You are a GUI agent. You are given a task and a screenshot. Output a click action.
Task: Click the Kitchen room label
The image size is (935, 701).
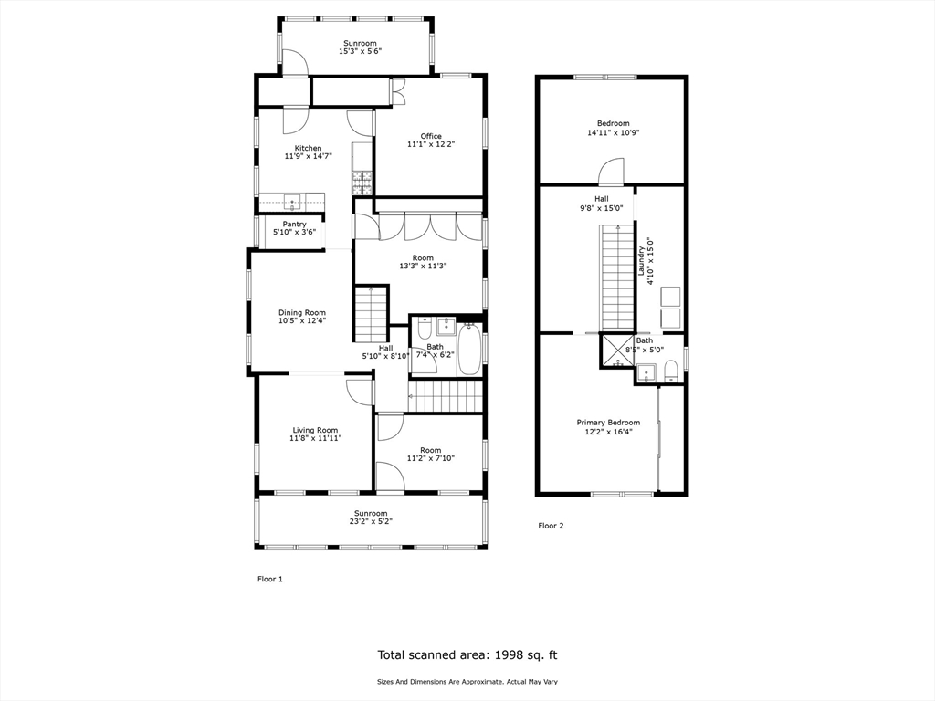coord(308,148)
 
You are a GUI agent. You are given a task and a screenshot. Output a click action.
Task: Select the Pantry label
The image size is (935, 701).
coord(294,224)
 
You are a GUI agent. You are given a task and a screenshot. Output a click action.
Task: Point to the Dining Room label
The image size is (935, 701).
coord(301,312)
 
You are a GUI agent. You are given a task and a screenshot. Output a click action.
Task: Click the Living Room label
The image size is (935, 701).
coord(315,430)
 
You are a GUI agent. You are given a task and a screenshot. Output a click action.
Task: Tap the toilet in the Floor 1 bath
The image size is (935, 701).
coord(425,329)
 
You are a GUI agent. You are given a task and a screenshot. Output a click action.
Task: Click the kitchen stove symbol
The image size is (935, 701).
coord(362,183)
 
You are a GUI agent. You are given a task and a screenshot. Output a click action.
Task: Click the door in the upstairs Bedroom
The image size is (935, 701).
coord(610,172)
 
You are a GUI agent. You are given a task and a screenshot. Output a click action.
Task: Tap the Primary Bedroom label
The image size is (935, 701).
coord(608,423)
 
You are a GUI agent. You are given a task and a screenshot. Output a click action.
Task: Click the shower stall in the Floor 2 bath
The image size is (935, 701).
coord(615,350)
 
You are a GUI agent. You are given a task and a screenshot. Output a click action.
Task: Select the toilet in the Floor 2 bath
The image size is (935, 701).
coord(671,370)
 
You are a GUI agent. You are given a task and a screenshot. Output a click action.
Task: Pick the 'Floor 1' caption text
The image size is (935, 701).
coord(269,579)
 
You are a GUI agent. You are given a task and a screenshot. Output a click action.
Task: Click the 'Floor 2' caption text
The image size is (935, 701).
coord(551,526)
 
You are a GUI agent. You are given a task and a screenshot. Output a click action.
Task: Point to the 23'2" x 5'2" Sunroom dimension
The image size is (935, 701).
coord(371,522)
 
